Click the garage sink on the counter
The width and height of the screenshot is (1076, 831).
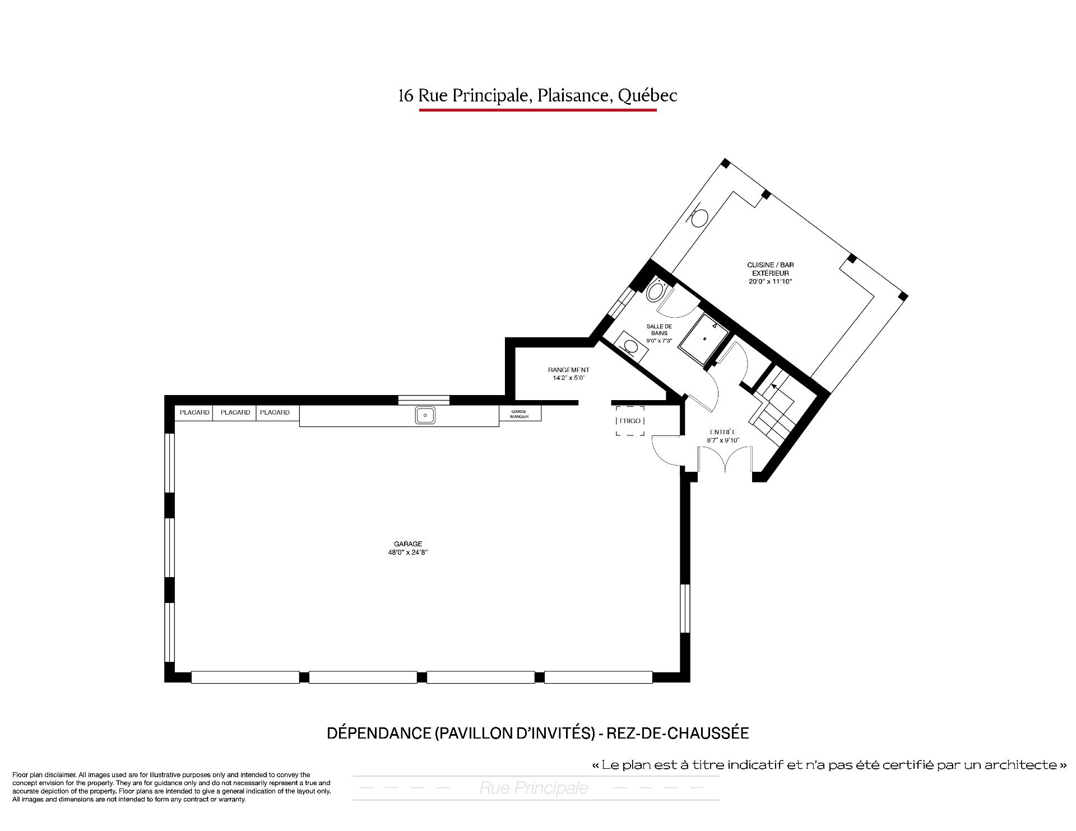[x=425, y=415]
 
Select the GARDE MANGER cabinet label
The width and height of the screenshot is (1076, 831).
[x=520, y=414]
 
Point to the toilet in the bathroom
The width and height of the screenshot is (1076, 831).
[x=656, y=290]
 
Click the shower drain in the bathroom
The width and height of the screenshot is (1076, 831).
[x=703, y=338]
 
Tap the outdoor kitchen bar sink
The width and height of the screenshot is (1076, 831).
[x=698, y=216]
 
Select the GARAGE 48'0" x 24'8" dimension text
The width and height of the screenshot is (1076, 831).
[x=407, y=548]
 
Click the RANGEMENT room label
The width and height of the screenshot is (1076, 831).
[x=568, y=370]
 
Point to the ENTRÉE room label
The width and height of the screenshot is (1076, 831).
[x=722, y=432]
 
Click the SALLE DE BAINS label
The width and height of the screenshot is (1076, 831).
[x=659, y=329]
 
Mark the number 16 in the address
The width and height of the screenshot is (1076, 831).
[x=406, y=96]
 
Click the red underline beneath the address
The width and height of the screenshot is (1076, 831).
[x=537, y=110]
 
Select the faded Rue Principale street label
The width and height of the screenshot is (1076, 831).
[x=534, y=788]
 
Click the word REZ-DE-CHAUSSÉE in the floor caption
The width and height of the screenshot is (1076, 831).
[x=677, y=733]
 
